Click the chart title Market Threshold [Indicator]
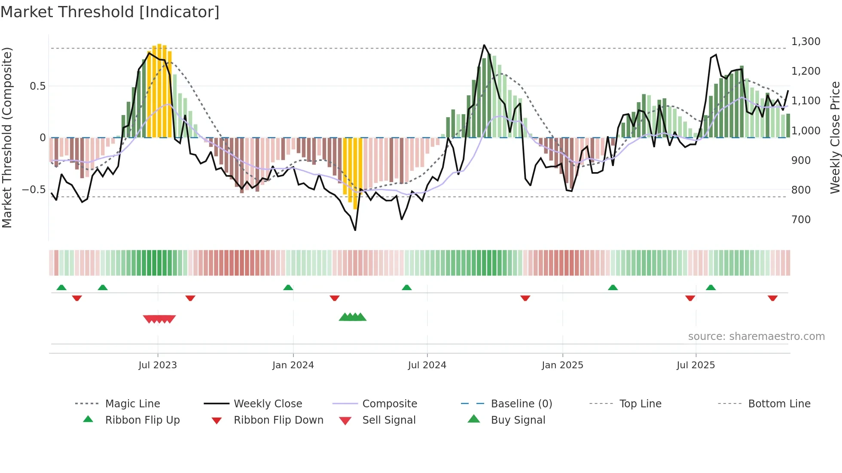pyautogui.click(x=110, y=12)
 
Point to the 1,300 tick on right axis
pyautogui.click(x=805, y=42)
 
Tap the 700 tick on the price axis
pyautogui.click(x=801, y=220)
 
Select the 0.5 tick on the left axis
pyautogui.click(x=37, y=86)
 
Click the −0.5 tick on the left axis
pyautogui.click(x=34, y=190)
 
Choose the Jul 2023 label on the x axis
pyautogui.click(x=158, y=365)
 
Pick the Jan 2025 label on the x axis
pyautogui.click(x=562, y=365)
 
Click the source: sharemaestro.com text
pyautogui.click(x=756, y=337)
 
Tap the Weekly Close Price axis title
pyautogui.click(x=835, y=137)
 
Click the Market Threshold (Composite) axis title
pyautogui.click(x=7, y=137)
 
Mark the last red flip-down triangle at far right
pyautogui.click(x=772, y=298)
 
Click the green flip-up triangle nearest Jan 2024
pyautogui.click(x=288, y=288)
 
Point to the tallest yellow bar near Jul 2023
pyautogui.click(x=159, y=90)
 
